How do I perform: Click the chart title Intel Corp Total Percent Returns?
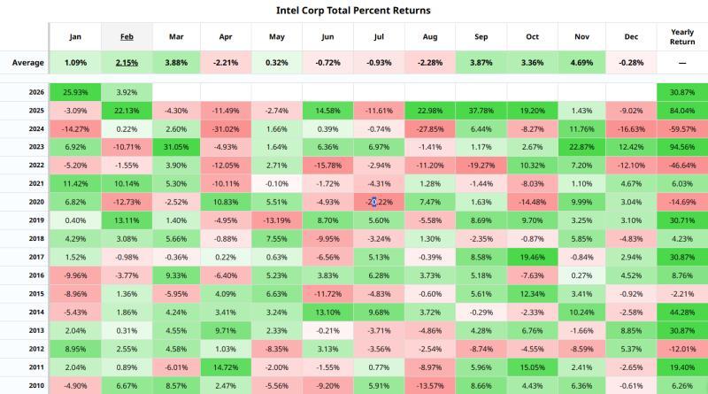tap(353, 11)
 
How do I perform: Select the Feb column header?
tap(126, 37)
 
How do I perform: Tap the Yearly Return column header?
tap(681, 37)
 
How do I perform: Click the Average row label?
tap(28, 63)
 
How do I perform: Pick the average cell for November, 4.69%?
tap(581, 63)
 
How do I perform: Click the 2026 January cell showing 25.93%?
tap(75, 92)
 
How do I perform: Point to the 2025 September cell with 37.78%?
tap(480, 110)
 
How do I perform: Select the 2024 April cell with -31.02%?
tap(227, 128)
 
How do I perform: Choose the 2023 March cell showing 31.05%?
tap(176, 146)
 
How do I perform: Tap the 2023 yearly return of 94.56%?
tap(681, 146)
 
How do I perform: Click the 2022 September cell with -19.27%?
tap(480, 165)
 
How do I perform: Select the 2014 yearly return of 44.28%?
tap(681, 312)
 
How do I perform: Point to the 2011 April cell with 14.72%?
tap(227, 367)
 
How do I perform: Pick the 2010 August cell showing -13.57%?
tap(429, 385)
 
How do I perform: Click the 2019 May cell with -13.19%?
tap(277, 220)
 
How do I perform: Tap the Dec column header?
tap(631, 37)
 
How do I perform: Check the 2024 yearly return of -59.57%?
tap(681, 128)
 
